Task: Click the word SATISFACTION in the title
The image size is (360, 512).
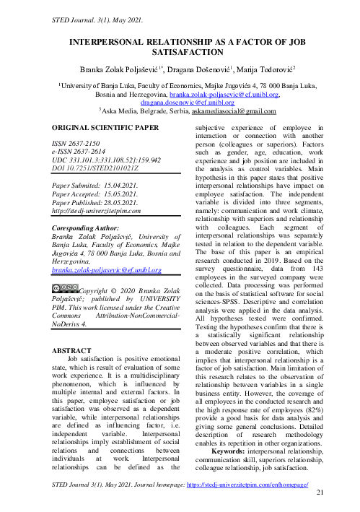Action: point(180,53)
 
